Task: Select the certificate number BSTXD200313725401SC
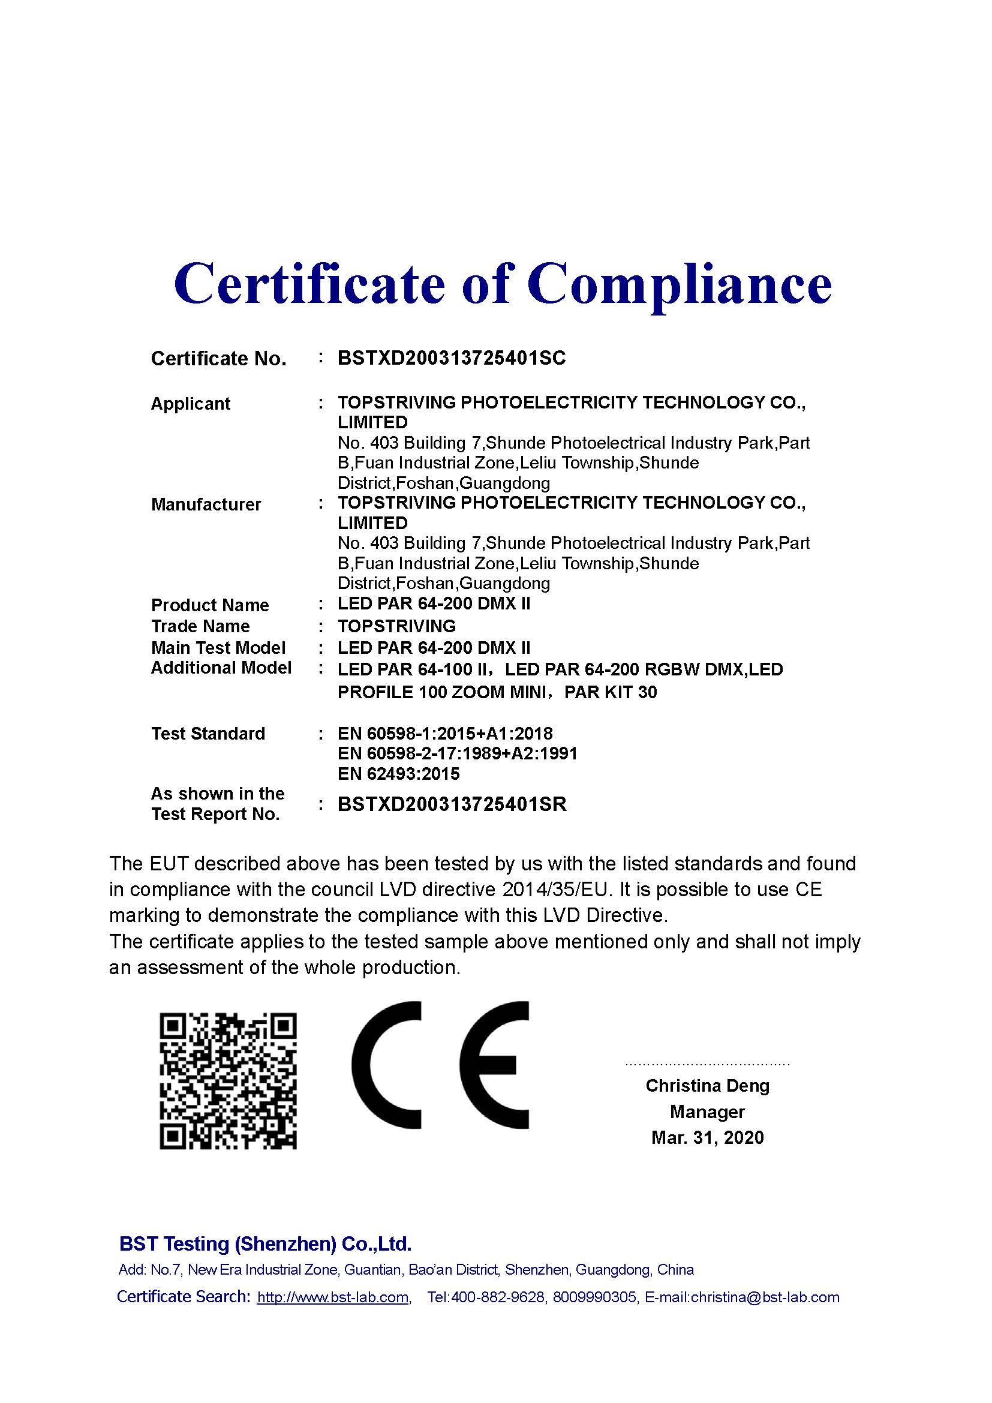[x=452, y=358]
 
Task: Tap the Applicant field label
[x=191, y=404]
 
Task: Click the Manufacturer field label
[x=206, y=504]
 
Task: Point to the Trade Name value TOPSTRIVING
[x=396, y=626]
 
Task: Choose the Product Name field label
[x=209, y=605]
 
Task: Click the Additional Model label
[x=221, y=668]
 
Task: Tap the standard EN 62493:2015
[x=398, y=774]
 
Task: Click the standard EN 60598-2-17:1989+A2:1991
[x=458, y=753]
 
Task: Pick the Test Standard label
[x=208, y=733]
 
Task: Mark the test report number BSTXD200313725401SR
[x=452, y=804]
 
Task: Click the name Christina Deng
[x=707, y=1086]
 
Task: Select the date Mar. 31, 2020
[x=707, y=1137]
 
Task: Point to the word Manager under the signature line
[x=707, y=1111]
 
